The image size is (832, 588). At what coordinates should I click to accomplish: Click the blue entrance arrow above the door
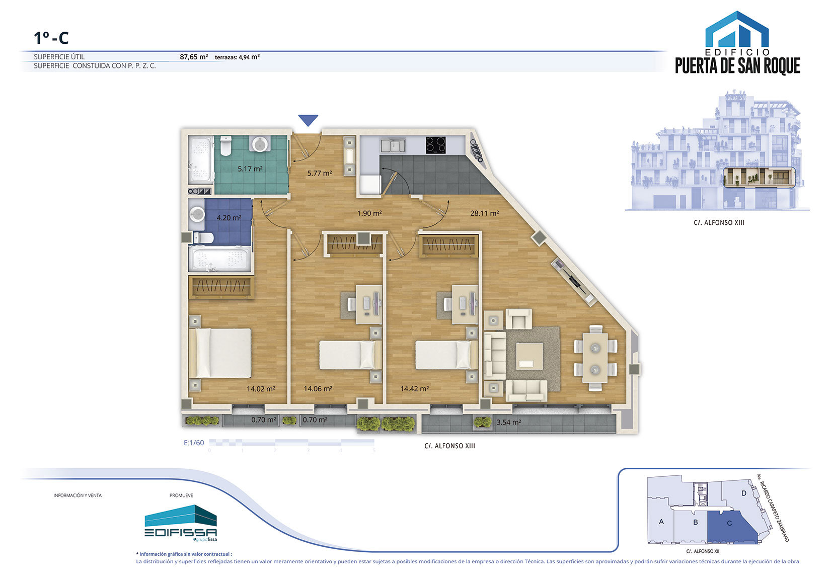pos(308,120)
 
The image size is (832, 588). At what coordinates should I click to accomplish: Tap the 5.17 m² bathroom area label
pos(250,169)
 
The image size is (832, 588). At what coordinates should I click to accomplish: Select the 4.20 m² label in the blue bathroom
pos(229,217)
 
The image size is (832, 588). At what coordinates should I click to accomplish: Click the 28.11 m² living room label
pos(484,213)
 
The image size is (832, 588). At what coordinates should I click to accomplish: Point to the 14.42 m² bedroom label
pos(415,389)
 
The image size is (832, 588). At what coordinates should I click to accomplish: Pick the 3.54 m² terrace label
pos(508,422)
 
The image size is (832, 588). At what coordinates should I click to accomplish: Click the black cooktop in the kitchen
pos(436,145)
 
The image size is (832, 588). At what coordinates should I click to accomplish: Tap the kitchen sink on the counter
pos(392,145)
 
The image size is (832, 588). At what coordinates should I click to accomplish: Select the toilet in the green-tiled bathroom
pos(226,145)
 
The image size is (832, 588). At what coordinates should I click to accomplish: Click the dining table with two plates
pos(595,358)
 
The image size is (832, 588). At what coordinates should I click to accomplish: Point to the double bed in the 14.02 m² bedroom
pos(220,353)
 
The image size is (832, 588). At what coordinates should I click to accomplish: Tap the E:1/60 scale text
pos(194,443)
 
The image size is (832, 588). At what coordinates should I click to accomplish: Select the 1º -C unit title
pos(51,38)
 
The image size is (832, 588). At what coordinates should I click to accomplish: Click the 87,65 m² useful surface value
pos(193,57)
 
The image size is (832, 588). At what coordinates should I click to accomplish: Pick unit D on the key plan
pos(743,493)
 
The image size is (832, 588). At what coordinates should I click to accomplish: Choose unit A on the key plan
pos(661,522)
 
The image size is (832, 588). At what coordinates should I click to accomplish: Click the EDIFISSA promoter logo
pos(181,523)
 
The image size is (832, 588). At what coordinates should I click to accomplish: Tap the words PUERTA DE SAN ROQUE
pos(737,66)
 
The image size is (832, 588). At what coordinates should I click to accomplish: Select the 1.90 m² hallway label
pos(369,213)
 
